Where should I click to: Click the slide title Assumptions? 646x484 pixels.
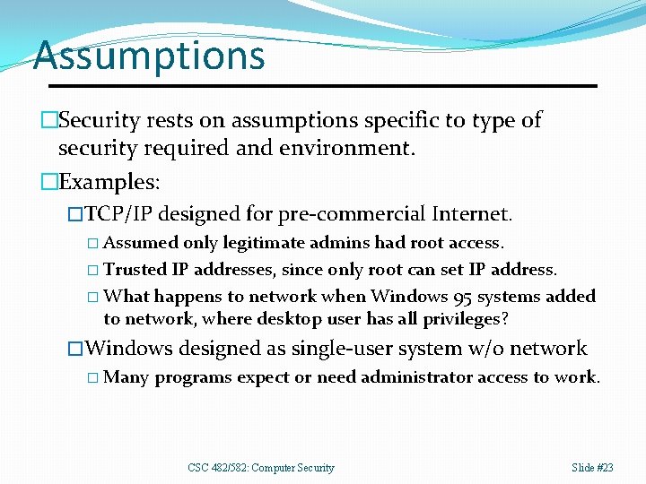pos(149,56)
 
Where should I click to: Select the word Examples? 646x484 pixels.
pos(107,182)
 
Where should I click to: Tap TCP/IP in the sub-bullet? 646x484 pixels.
pos(118,215)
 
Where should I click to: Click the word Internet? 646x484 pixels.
pos(470,215)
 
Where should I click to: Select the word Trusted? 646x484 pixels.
pos(134,269)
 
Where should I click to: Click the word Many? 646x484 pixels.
pos(127,376)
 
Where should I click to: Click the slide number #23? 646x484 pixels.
pos(604,468)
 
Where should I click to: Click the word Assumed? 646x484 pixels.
pos(141,243)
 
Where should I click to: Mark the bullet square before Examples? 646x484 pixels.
pos(48,182)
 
